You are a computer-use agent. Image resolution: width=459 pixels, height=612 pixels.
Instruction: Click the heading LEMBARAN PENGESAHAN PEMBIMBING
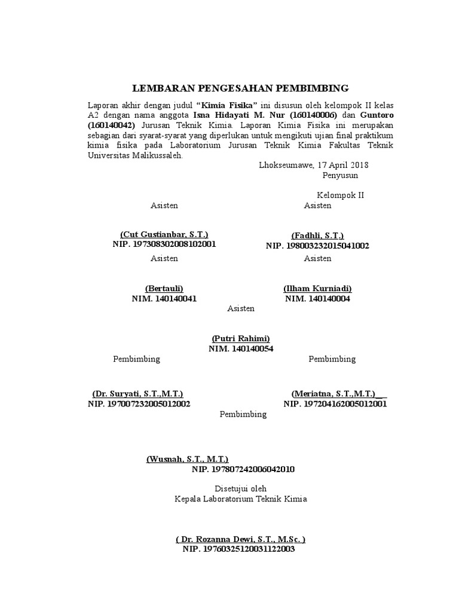pos(240,88)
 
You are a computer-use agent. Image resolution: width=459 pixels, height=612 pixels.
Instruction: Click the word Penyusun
pos(340,175)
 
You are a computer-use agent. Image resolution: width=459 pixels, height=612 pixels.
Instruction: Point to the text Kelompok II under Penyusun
pos(340,195)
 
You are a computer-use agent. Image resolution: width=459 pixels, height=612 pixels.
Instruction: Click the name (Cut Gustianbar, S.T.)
pos(164,235)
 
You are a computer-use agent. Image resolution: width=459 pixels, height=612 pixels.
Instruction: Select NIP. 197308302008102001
pos(164,245)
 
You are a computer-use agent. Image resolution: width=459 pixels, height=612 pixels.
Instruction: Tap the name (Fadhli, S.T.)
pos(317,235)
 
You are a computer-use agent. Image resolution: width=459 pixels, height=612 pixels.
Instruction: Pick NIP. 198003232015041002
pos(317,246)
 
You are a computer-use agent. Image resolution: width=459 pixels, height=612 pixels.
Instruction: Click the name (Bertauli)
pos(164,289)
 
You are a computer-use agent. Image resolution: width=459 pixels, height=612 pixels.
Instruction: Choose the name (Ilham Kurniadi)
pos(317,289)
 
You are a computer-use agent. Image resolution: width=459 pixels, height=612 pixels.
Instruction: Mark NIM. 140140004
pos(317,299)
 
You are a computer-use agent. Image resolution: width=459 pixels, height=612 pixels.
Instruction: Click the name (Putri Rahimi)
pos(241,338)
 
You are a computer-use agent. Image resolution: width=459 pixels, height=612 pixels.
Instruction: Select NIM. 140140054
pos(241,348)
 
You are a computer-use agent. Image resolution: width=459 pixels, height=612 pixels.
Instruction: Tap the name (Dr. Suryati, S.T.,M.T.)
pos(137,394)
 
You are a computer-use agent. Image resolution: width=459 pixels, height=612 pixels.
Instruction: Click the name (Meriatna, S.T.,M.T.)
pos(335,394)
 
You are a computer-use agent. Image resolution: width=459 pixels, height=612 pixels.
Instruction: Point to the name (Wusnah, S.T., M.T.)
pos(187,459)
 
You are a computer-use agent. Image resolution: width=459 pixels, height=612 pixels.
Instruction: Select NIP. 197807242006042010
pos(243,469)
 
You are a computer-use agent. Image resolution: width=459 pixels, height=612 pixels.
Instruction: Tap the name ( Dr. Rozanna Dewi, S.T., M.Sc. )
pos(241,539)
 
